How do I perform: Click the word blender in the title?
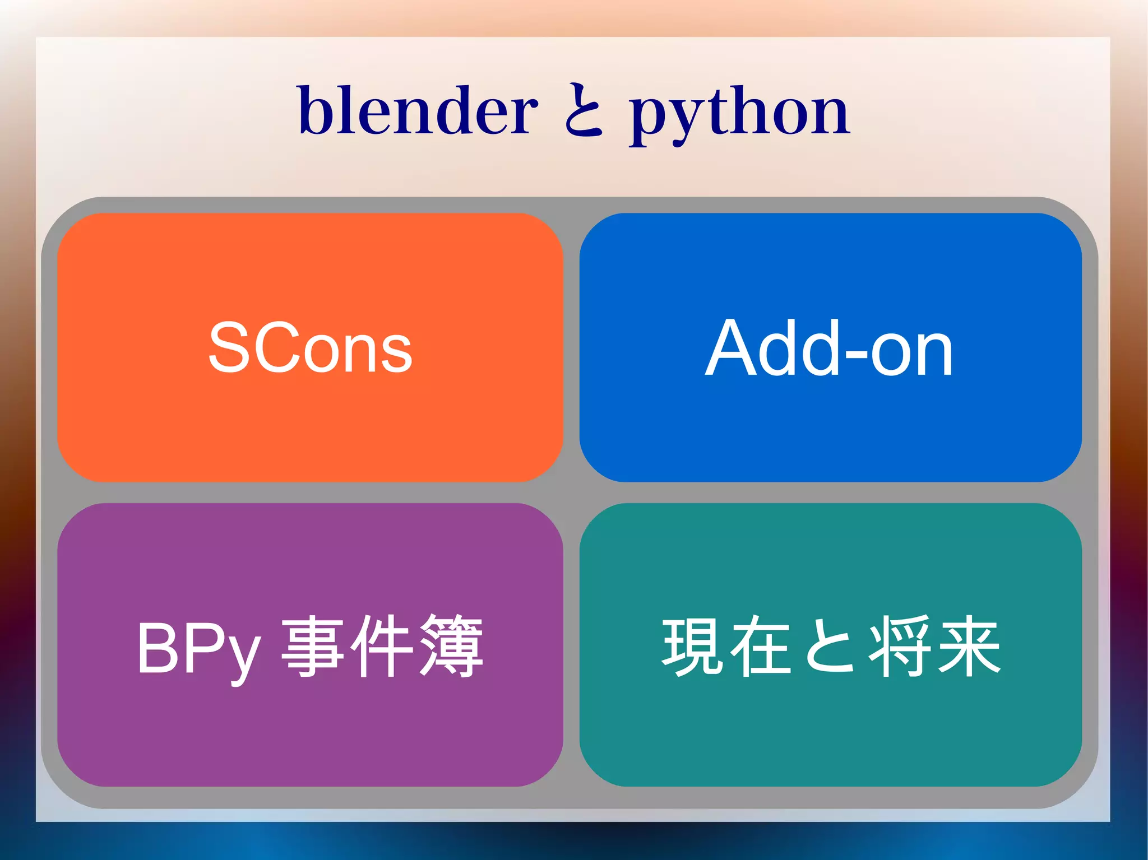pyautogui.click(x=418, y=110)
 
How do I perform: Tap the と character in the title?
pyautogui.click(x=583, y=110)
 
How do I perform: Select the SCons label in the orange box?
pyautogui.click(x=310, y=348)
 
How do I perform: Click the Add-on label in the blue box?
pyautogui.click(x=829, y=348)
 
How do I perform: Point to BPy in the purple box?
pyautogui.click(x=199, y=649)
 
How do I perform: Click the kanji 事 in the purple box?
pyautogui.click(x=312, y=645)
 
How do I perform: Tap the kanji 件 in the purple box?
pyautogui.click(x=382, y=645)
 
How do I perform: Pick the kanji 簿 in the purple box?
pyautogui.click(x=452, y=645)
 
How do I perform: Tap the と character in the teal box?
pyautogui.click(x=830, y=647)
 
